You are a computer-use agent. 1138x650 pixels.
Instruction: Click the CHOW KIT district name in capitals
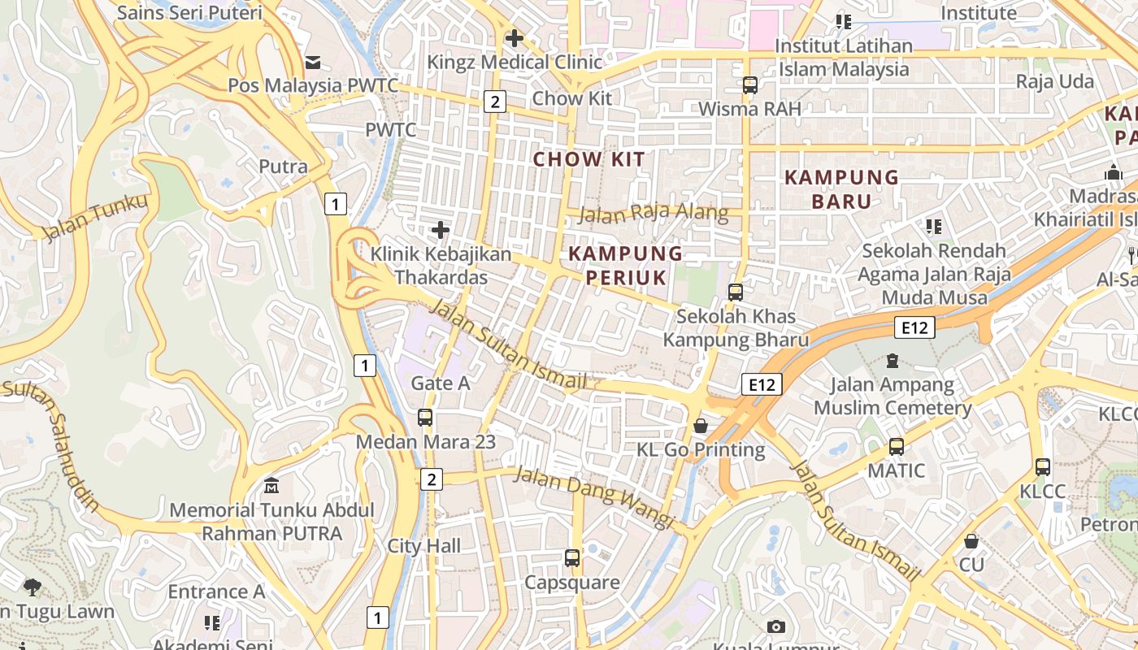point(589,159)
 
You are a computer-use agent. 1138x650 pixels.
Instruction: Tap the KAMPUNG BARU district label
point(841,188)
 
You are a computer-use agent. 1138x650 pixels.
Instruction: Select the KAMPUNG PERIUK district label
point(625,265)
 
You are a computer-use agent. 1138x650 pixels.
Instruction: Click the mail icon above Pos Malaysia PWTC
point(313,63)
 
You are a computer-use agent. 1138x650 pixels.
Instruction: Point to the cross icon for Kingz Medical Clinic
point(514,38)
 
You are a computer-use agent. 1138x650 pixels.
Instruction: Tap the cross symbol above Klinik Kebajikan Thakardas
point(441,230)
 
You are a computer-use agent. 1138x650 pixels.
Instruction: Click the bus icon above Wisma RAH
point(749,85)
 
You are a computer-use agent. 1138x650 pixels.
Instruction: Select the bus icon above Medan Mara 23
point(425,418)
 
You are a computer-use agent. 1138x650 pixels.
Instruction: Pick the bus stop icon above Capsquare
point(572,558)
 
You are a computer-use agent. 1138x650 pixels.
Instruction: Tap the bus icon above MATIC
point(896,447)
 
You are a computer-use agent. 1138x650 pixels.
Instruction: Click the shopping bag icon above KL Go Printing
point(700,426)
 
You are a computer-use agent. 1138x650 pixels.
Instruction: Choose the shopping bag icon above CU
point(971,541)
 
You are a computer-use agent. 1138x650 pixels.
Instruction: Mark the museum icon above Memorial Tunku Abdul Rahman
point(271,487)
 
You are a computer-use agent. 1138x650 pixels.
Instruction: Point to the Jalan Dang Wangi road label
point(594,496)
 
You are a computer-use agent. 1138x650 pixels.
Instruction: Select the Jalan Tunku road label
point(96,218)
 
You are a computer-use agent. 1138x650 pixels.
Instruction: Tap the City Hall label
point(423,546)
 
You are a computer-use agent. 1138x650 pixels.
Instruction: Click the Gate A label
point(441,383)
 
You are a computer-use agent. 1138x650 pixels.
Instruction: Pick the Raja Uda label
point(1054,82)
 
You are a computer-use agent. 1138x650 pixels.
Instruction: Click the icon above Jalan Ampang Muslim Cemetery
point(893,360)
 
